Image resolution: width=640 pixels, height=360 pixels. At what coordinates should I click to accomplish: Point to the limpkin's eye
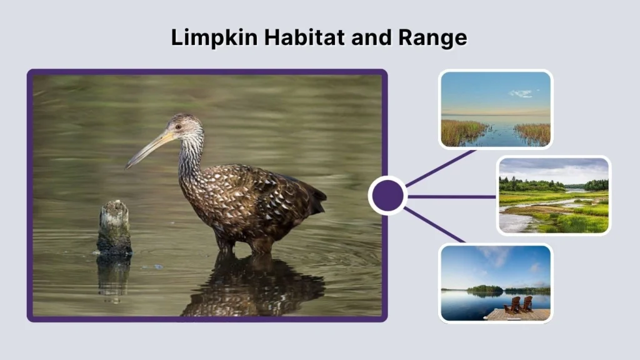point(178,127)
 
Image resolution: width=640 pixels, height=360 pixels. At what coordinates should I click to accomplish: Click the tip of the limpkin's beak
point(127,166)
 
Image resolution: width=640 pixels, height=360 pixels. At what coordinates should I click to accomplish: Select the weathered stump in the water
point(114,228)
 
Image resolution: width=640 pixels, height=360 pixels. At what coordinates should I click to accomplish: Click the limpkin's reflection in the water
point(250,287)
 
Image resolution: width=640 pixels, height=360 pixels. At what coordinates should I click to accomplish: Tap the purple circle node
point(387,196)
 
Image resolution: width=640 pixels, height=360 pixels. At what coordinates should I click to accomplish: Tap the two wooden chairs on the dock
point(519,304)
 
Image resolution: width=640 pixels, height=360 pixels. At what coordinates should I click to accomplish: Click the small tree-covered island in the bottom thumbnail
point(485,289)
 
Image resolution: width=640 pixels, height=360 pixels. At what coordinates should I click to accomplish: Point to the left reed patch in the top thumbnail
point(463,132)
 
